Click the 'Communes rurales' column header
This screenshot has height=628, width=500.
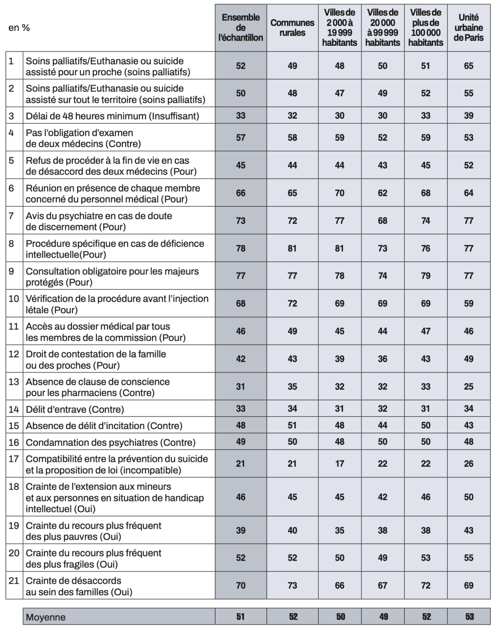292,28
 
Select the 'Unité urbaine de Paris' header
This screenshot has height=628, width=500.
469,28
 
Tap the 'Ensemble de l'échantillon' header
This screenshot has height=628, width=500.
240,28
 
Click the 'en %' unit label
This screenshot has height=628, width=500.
19,28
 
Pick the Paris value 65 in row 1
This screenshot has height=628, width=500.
469,66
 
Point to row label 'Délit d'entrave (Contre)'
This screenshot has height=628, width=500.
75,409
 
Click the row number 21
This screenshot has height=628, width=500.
14,580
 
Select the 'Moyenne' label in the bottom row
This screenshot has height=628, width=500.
45,617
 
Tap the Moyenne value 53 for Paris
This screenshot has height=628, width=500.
469,617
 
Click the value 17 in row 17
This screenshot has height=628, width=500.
340,464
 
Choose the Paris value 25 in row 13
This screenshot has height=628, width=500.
469,387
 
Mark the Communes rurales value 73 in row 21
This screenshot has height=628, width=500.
292,585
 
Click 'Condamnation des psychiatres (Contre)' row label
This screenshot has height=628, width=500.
110,442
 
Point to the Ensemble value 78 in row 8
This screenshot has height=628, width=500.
240,248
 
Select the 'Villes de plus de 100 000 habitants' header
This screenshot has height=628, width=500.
426,28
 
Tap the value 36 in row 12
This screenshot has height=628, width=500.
383,359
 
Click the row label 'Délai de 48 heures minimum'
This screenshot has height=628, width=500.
112,116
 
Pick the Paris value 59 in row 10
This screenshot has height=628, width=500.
469,303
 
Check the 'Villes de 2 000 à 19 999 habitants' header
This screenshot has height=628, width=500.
340,28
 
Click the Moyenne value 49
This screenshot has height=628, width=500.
383,617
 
